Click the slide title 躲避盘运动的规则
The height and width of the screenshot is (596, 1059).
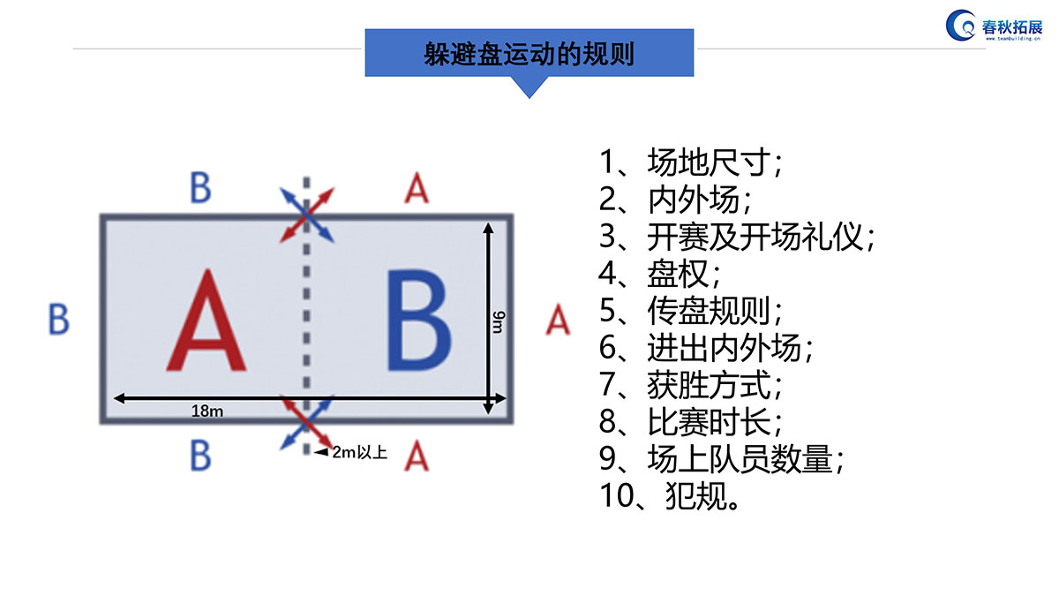[529, 54]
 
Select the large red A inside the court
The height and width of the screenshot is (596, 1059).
[207, 320]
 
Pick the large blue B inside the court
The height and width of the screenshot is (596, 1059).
[419, 320]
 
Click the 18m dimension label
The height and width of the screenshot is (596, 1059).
[207, 411]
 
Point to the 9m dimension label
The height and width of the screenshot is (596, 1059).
[499, 321]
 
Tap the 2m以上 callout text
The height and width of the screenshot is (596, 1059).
[359, 452]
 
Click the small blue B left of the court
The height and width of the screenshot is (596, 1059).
[59, 320]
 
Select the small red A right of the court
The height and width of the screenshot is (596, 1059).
[558, 320]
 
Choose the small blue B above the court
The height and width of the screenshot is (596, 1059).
[200, 187]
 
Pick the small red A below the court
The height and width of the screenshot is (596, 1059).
[417, 456]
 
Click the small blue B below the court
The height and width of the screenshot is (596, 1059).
[200, 456]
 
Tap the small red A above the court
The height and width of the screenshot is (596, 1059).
[417, 187]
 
